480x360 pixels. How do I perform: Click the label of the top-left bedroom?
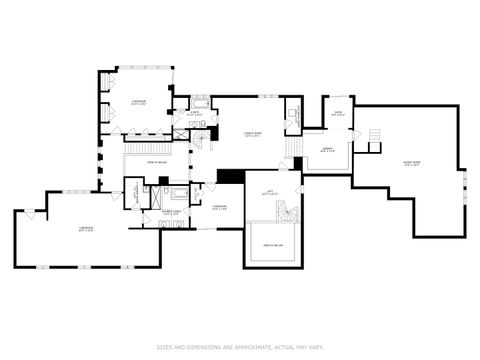pyautogui.click(x=139, y=102)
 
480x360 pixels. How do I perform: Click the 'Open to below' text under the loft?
pyautogui.click(x=271, y=243)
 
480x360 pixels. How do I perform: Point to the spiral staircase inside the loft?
pyautogui.click(x=285, y=212)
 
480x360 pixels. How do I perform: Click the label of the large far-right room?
pyautogui.click(x=411, y=166)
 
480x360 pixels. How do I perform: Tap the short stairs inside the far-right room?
pyautogui.click(x=375, y=136)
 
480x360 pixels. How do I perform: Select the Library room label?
pyautogui.click(x=327, y=149)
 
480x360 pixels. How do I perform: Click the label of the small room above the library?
pyautogui.click(x=338, y=113)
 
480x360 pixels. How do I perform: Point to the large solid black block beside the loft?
pyautogui.click(x=230, y=176)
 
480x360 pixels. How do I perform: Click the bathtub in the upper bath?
pyautogui.click(x=201, y=104)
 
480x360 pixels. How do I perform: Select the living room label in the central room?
pyautogui.click(x=252, y=135)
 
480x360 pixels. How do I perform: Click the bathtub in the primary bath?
pyautogui.click(x=178, y=193)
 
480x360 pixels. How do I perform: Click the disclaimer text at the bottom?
pyautogui.click(x=239, y=347)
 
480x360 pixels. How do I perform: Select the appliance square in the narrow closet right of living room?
pyautogui.click(x=293, y=115)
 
